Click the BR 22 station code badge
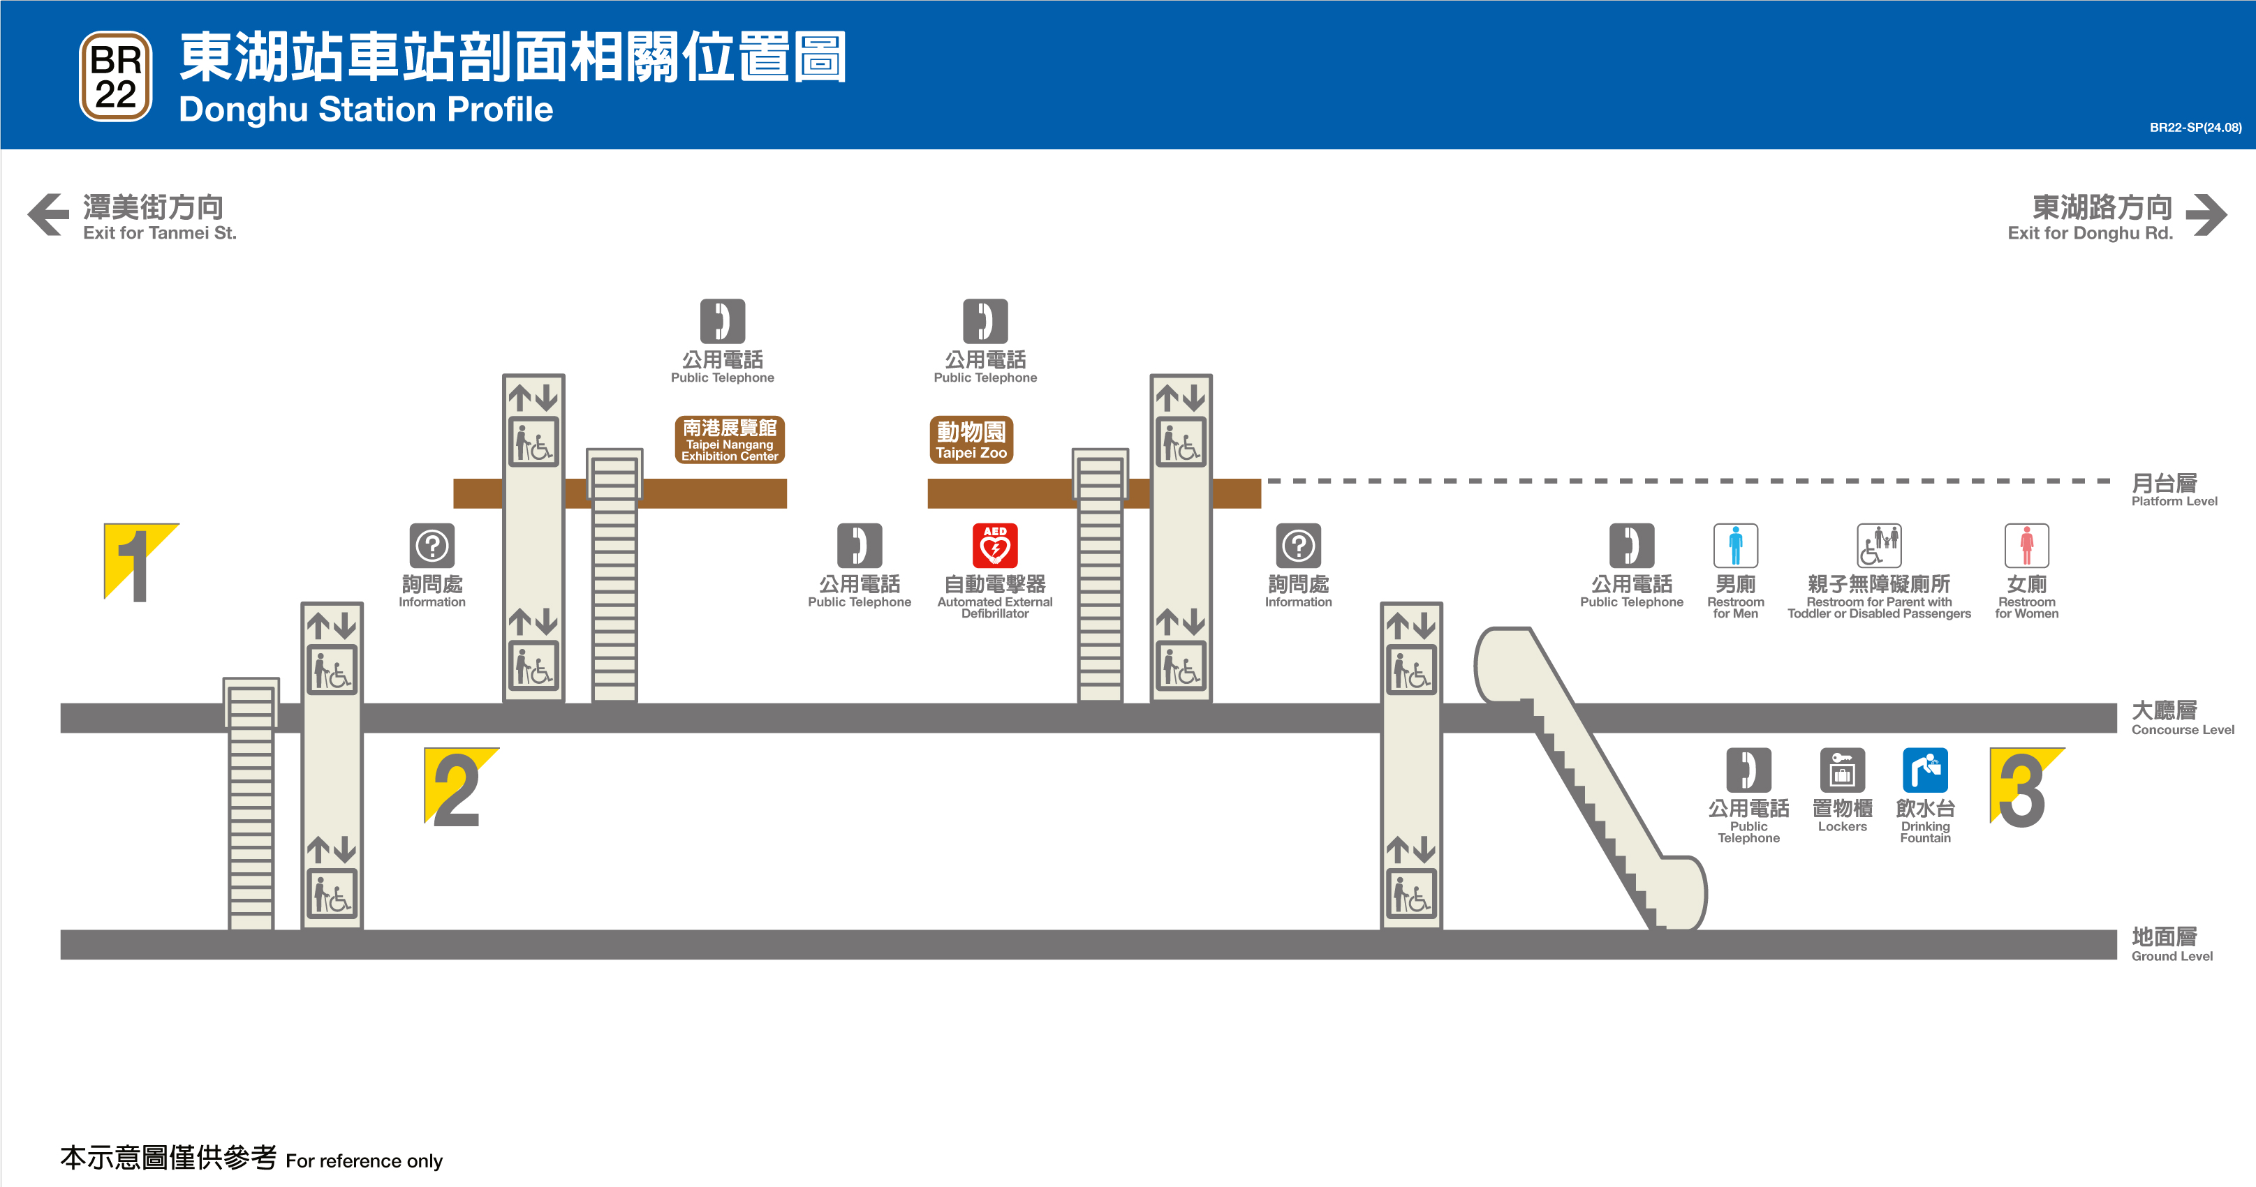[116, 77]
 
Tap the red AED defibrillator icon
[994, 546]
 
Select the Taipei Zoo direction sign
[971, 440]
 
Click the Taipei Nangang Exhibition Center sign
[729, 440]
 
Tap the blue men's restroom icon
[1735, 546]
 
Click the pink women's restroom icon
[2026, 546]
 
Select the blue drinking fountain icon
[1924, 770]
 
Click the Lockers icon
[1842, 770]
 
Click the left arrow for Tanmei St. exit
[48, 214]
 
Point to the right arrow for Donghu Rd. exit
[2206, 214]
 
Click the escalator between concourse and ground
[1590, 779]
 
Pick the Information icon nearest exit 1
[432, 546]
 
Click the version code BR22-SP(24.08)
[2195, 128]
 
